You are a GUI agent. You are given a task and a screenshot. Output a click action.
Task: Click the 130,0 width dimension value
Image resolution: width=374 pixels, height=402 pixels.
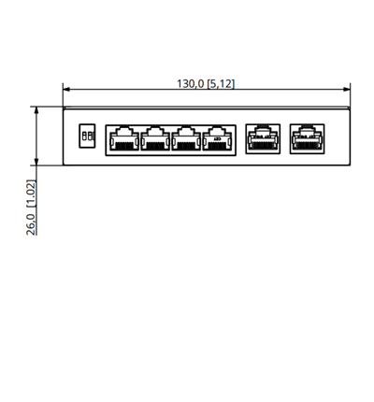(190, 84)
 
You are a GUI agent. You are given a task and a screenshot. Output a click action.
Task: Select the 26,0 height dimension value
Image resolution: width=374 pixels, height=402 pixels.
(31, 224)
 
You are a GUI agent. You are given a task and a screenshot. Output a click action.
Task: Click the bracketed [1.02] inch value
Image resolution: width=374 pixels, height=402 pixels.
(32, 194)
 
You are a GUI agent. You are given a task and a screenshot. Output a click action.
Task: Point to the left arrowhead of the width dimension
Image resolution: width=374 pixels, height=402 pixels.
(66, 90)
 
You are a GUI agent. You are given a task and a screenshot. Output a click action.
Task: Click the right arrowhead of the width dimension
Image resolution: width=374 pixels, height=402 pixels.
(347, 90)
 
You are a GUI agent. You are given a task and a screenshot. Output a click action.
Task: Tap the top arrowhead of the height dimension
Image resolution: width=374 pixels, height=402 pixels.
(36, 110)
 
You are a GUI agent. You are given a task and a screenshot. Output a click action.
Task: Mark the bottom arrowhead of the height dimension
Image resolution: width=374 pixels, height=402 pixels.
(36, 162)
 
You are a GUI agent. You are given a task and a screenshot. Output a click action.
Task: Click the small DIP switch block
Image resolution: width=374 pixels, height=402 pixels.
(87, 136)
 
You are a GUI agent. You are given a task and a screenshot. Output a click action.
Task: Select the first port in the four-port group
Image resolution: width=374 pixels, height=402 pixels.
(124, 138)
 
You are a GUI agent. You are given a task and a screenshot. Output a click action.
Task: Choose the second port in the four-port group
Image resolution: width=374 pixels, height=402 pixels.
(155, 138)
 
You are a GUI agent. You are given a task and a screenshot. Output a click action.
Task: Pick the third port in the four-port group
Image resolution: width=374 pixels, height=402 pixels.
(186, 138)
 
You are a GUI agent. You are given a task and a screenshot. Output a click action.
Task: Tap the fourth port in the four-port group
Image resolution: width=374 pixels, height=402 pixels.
(217, 138)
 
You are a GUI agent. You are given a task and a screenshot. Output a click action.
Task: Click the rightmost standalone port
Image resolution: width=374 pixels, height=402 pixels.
(307, 138)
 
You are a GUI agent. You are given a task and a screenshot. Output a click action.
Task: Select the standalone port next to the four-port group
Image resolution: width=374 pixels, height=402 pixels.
(263, 138)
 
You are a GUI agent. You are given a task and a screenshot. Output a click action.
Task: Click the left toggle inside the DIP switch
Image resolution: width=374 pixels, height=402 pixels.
(84, 136)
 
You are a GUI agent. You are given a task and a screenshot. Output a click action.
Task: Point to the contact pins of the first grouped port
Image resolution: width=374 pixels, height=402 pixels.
(124, 145)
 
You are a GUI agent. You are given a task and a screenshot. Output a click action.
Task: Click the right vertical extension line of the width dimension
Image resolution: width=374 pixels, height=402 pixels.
(350, 95)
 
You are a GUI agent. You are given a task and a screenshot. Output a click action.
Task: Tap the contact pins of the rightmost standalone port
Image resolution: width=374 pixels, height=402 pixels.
(307, 146)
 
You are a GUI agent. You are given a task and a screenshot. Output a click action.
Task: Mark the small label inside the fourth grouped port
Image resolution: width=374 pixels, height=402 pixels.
(217, 138)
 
